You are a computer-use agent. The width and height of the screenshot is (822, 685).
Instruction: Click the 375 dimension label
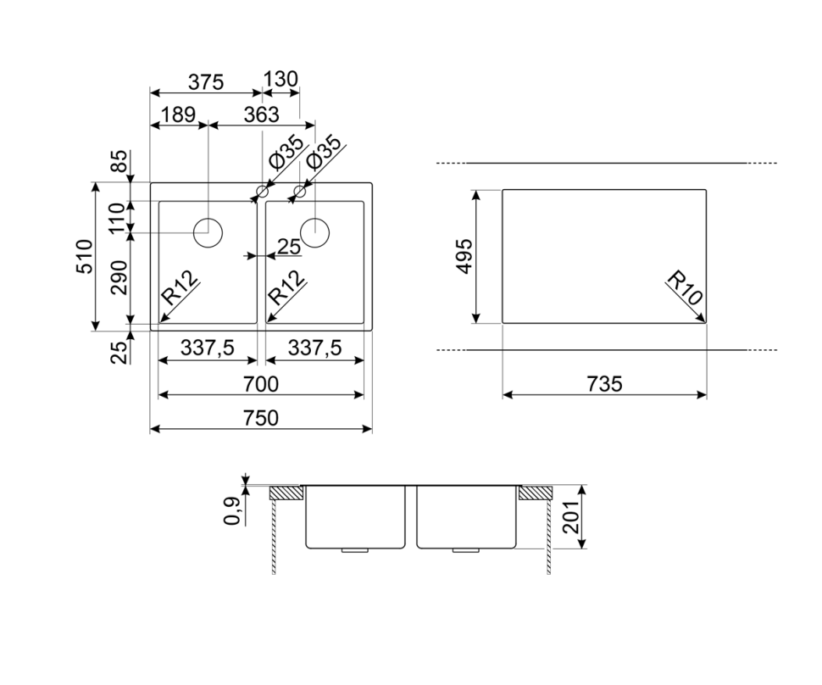point(206,82)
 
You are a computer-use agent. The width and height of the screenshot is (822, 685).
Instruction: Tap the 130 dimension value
point(280,79)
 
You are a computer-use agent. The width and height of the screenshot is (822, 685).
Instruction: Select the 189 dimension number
point(179,114)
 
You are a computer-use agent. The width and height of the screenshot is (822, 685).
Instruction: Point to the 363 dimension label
point(262,114)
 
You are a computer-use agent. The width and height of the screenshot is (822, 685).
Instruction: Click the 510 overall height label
point(85,256)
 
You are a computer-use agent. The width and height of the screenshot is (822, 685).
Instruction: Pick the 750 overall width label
point(260,418)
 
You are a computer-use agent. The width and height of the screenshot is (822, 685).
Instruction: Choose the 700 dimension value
point(260,384)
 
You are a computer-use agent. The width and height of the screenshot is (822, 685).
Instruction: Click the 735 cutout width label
point(604,384)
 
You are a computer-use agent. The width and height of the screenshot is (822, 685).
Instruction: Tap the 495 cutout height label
point(464,256)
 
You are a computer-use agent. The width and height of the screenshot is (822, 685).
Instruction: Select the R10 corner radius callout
point(685,287)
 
